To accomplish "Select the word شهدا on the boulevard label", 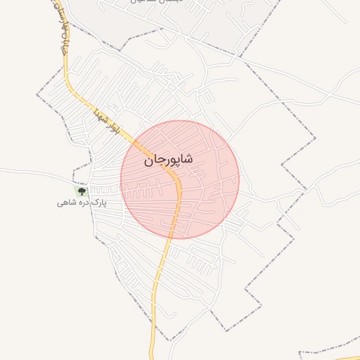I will coord(99,115).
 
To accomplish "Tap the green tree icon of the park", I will coord(82,191).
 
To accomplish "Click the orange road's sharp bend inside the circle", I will coord(179,184).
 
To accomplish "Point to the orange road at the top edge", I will coord(54,3).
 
